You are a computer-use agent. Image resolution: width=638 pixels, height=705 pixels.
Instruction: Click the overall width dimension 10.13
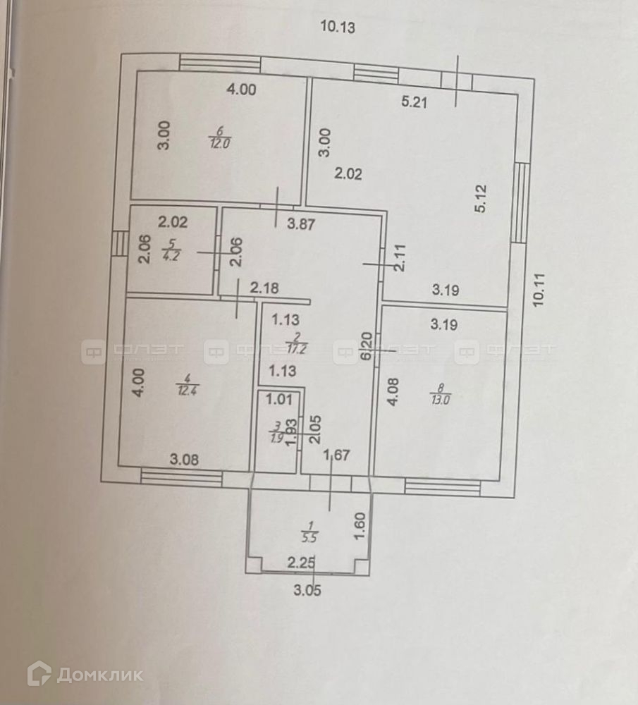click(337, 27)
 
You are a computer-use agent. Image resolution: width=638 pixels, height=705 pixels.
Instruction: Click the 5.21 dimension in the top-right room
click(415, 102)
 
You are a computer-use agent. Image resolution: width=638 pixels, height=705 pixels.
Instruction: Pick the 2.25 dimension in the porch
click(301, 562)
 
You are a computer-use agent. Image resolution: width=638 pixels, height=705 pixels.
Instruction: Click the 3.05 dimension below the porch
click(307, 591)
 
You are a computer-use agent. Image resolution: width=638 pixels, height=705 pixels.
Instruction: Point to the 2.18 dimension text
click(261, 288)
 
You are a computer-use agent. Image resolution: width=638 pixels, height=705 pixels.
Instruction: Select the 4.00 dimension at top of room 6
click(241, 90)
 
